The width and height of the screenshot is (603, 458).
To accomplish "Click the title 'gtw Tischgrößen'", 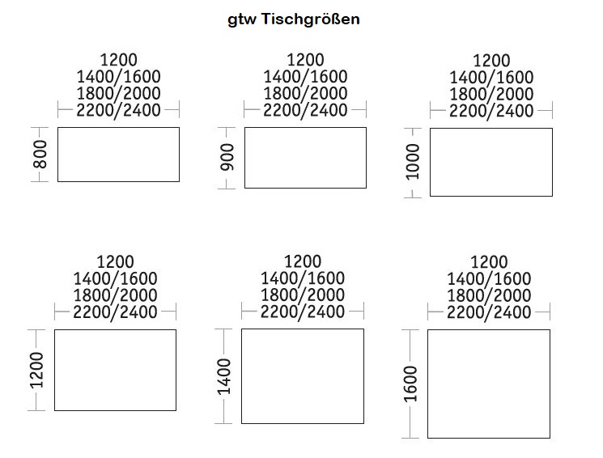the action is tap(294, 19).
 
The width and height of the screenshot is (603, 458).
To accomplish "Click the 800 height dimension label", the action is tap(40, 155).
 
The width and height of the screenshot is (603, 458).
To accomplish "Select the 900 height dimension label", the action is tap(227, 157).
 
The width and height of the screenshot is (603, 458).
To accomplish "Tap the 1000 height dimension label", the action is tap(413, 162).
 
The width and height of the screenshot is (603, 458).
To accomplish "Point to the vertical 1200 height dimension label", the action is tap(37, 370).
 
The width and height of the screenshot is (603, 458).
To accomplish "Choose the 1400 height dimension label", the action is tap(224, 376).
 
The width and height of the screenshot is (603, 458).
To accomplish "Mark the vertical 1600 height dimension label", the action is tap(410, 384).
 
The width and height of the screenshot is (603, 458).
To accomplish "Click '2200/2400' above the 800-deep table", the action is tap(118, 110).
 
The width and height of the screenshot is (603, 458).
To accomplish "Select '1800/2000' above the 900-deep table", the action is tap(305, 93).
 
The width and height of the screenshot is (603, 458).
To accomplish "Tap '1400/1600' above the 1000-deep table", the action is tap(491, 78).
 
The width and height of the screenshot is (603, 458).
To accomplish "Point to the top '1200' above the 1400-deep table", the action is tap(303, 261).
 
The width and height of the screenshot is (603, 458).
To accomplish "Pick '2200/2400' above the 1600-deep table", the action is tap(489, 312).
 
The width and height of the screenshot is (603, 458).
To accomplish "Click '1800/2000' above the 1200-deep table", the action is tap(116, 295).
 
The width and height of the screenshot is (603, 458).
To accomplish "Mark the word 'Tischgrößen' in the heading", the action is tap(311, 19).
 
